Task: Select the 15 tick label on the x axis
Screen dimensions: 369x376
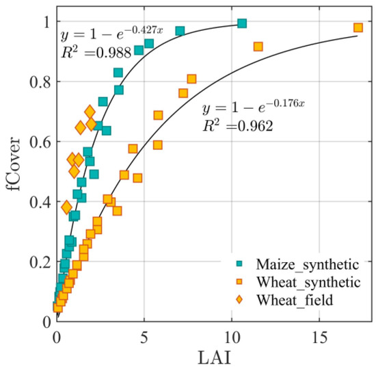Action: [x=319, y=337]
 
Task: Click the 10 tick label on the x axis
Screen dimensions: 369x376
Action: [x=231, y=337]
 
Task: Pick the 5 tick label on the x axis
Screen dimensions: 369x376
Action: [x=144, y=337]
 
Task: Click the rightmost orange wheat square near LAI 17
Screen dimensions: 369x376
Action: [x=358, y=27]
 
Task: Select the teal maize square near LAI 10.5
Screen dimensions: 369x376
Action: [x=241, y=23]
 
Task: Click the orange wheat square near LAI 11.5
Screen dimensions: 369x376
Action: [x=258, y=47]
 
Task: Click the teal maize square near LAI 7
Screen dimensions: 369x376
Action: [x=180, y=31]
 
